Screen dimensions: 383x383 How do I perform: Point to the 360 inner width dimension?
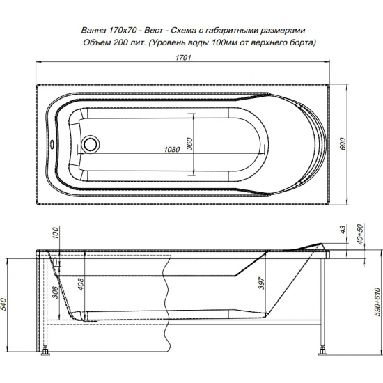click(x=189, y=143)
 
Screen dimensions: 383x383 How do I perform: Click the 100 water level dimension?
click(x=55, y=232)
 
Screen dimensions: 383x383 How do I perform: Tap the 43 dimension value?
click(x=342, y=229)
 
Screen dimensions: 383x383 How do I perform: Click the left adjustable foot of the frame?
click(x=47, y=352)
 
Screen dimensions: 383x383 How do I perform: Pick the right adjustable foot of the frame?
click(x=322, y=352)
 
